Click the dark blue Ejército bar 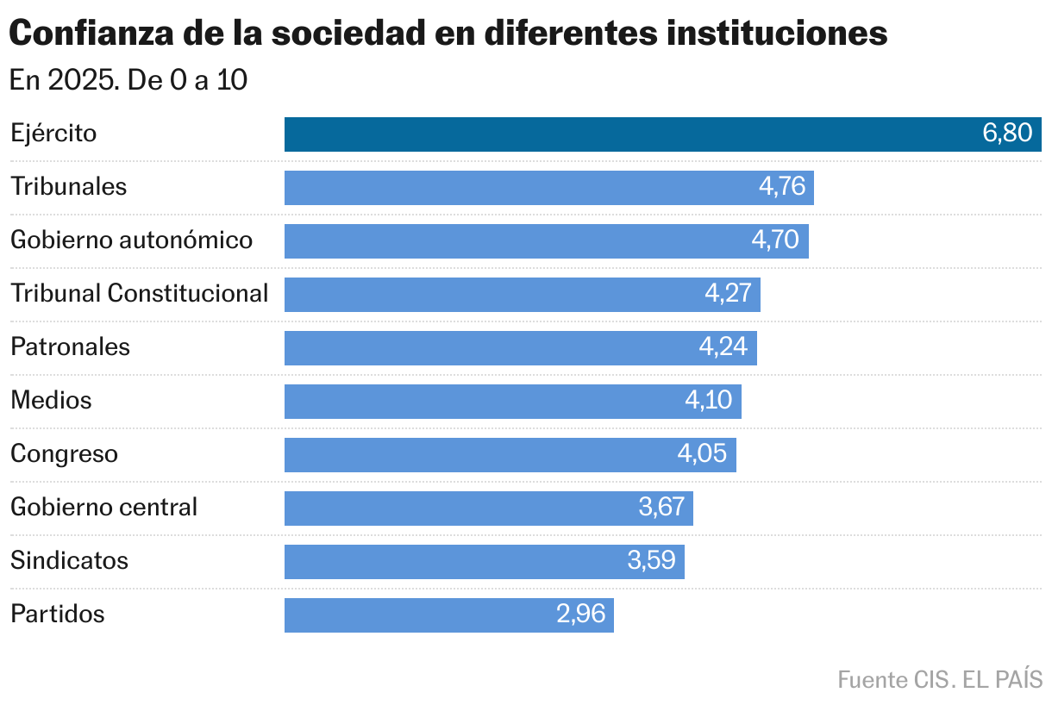(x=629, y=134)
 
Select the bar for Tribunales (x=517, y=188)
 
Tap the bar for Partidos (x=414, y=615)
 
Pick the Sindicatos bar (x=448, y=562)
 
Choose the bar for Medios (x=483, y=402)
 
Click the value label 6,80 (x=1006, y=134)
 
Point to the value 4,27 (x=728, y=295)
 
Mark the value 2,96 (x=580, y=615)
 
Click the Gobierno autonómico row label (x=131, y=240)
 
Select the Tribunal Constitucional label (x=139, y=294)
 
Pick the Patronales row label (x=70, y=347)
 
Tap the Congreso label (x=64, y=454)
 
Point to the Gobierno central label (x=103, y=508)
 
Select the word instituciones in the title (x=780, y=34)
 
